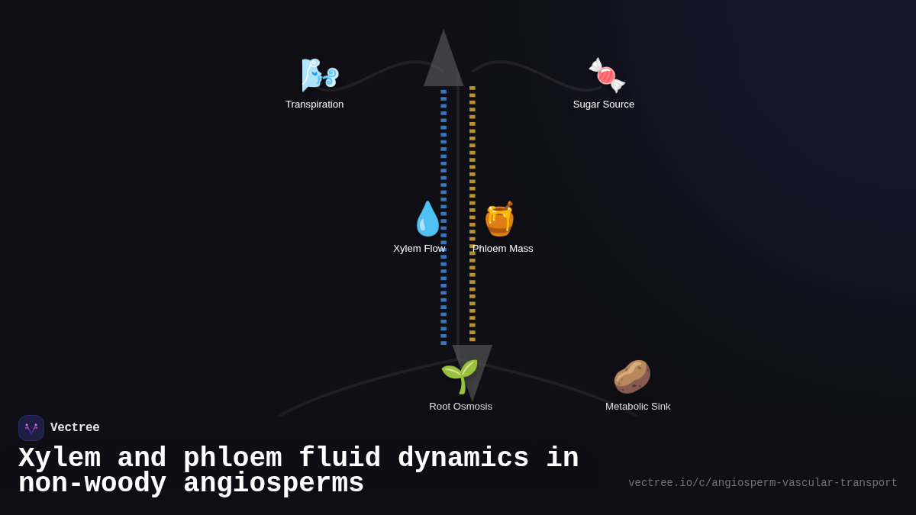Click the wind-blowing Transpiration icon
(319, 75)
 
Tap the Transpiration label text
(314, 105)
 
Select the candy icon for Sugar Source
(607, 75)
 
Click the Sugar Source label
(604, 105)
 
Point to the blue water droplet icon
(427, 219)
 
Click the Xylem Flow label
(418, 249)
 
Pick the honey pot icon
(500, 219)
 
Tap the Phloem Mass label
(502, 249)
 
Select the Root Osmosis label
(460, 407)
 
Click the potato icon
(632, 376)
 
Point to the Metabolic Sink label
(637, 407)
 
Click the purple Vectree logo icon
(31, 428)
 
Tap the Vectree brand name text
(75, 428)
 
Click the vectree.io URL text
(763, 483)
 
